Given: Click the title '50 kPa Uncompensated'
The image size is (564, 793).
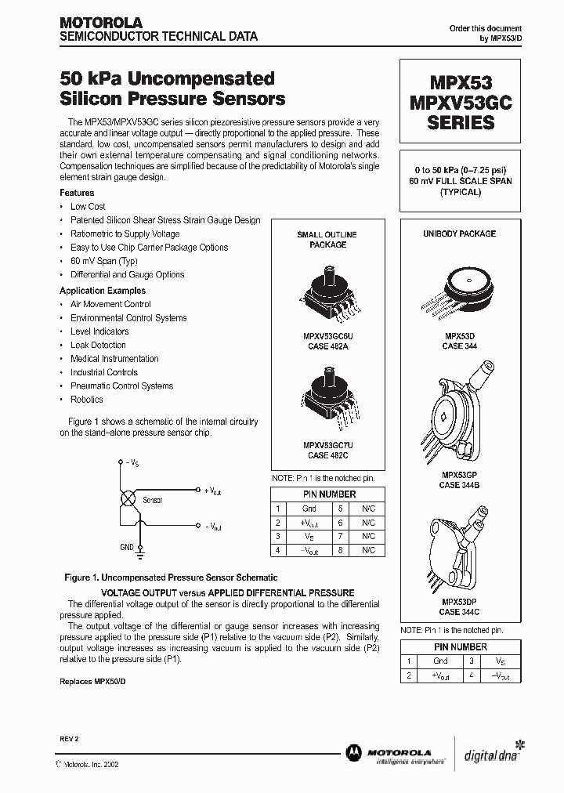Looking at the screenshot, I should [167, 79].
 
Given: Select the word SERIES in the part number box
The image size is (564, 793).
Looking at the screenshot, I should [460, 123].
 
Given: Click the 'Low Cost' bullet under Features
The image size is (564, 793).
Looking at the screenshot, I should [88, 207].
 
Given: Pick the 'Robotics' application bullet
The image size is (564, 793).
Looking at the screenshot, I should [86, 400].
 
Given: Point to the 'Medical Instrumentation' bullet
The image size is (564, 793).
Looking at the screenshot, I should [114, 359].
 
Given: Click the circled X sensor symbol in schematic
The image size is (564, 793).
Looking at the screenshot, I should [125, 499].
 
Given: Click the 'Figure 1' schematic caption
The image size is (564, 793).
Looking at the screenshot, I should [171, 578].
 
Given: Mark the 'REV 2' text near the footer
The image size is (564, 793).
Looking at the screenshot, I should [70, 739].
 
